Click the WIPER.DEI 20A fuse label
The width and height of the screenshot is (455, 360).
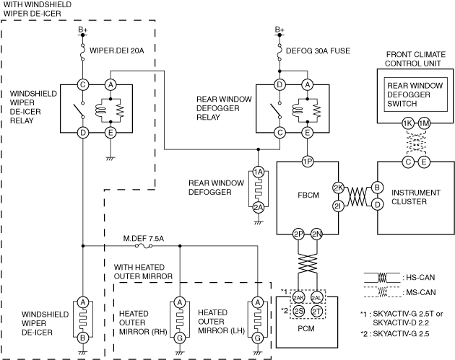tap(117, 51)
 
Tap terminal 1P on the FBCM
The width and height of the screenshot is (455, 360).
tap(308, 162)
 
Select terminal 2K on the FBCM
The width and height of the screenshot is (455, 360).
tap(337, 188)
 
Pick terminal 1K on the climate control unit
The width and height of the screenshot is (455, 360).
tap(408, 124)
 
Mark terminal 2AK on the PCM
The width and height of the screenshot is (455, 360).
tap(298, 297)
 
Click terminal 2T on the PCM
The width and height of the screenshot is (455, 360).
tap(317, 311)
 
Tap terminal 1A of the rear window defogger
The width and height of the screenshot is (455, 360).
tap(258, 173)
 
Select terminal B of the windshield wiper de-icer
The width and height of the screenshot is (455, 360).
tap(83, 337)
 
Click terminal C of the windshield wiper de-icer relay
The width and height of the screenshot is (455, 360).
tap(83, 84)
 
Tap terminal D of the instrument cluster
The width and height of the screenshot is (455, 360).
tap(376, 205)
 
